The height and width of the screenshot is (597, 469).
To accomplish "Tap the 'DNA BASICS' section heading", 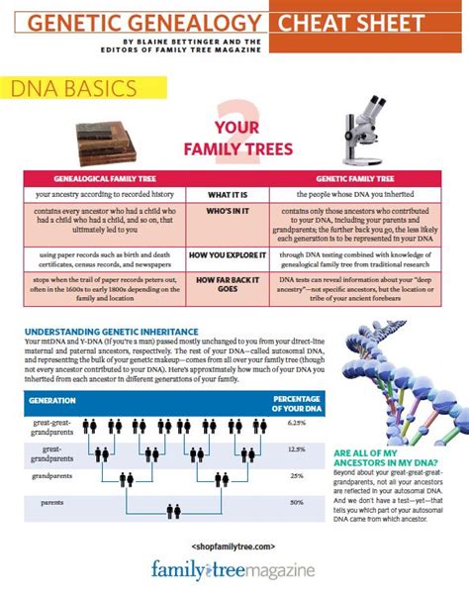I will pyautogui.click(x=75, y=90).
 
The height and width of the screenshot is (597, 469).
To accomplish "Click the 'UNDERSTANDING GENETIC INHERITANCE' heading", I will pyautogui.click(x=111, y=331).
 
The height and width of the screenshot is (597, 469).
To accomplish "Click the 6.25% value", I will pyautogui.click(x=296, y=421).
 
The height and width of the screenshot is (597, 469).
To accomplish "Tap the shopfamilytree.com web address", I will pyautogui.click(x=234, y=547).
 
